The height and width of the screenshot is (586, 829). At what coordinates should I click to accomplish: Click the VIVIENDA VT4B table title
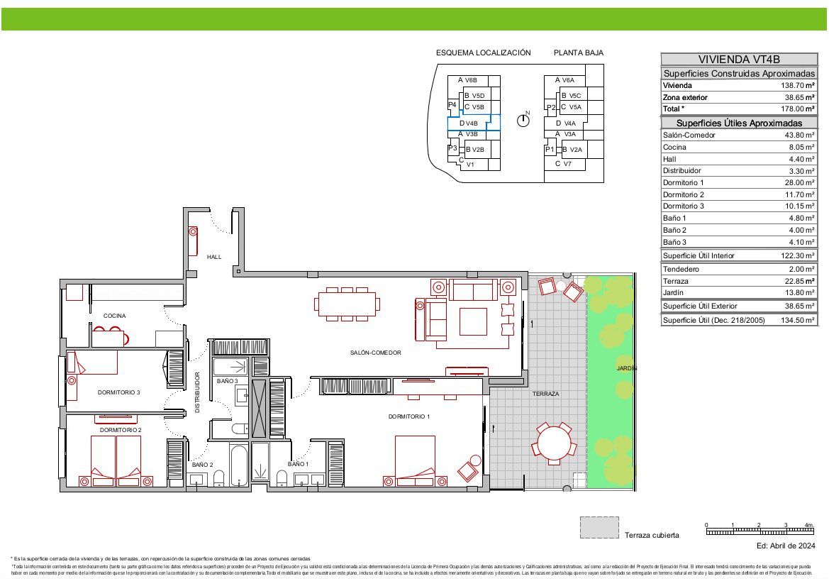click(738, 60)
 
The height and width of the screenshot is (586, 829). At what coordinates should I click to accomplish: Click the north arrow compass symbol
click(523, 120)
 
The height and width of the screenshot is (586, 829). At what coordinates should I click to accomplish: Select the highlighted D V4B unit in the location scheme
click(473, 123)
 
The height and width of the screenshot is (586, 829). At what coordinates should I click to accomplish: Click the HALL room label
click(214, 257)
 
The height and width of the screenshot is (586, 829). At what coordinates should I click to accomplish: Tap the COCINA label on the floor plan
click(114, 316)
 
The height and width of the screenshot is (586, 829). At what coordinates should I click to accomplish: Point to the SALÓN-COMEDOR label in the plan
click(375, 353)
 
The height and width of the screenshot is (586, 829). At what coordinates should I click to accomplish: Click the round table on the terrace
click(552, 443)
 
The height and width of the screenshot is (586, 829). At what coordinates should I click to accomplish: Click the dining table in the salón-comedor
click(347, 304)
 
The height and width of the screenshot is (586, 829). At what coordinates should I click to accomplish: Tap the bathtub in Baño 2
click(238, 465)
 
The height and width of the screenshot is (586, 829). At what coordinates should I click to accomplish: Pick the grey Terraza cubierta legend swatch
click(599, 528)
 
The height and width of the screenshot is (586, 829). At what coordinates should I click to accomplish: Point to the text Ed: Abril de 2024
click(786, 546)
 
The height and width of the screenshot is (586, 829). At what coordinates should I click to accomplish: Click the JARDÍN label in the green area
click(626, 368)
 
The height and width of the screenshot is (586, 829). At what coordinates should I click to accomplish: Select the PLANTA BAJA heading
click(578, 52)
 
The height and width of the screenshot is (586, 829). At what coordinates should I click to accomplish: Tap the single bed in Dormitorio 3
click(92, 363)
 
